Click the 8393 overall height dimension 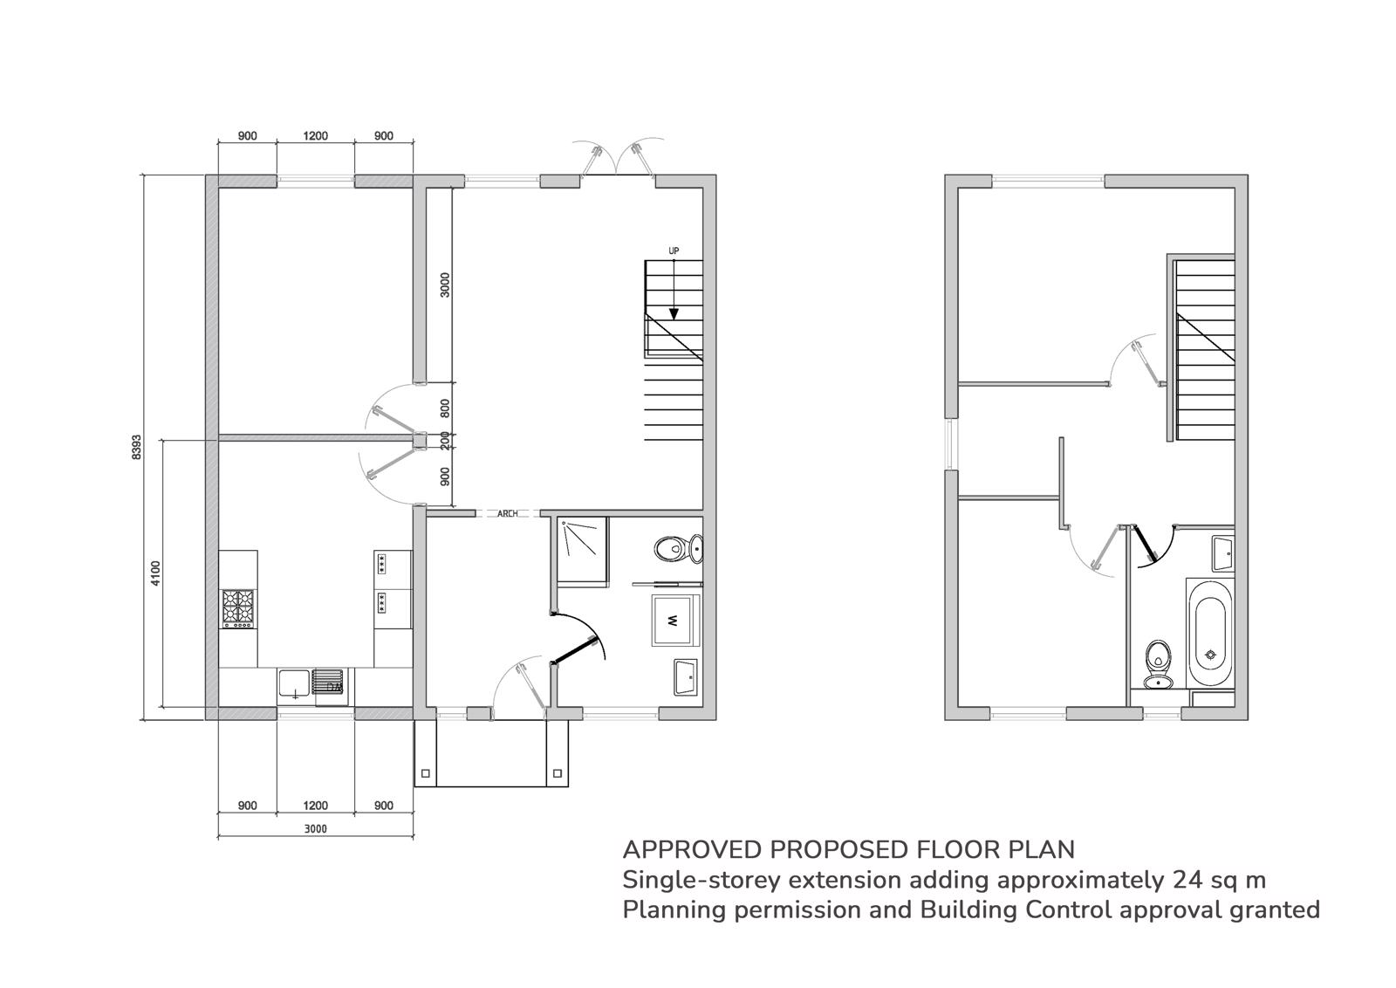pos(136,447)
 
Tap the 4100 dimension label pos(155,573)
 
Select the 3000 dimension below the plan pos(315,828)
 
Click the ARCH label pos(507,513)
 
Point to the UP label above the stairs pos(674,250)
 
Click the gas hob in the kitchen pos(239,607)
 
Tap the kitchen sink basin pos(293,683)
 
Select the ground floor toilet pos(680,548)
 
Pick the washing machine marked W pos(675,621)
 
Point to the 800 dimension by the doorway pos(445,408)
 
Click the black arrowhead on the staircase pos(674,313)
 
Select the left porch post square pos(426,773)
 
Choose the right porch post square pos(558,773)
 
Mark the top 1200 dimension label pos(315,136)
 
